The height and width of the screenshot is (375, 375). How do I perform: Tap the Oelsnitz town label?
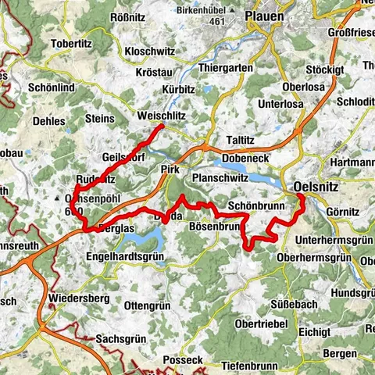click(319, 187)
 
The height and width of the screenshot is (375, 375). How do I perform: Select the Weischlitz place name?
click(162, 116)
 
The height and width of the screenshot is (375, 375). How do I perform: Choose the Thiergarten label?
click(226, 68)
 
